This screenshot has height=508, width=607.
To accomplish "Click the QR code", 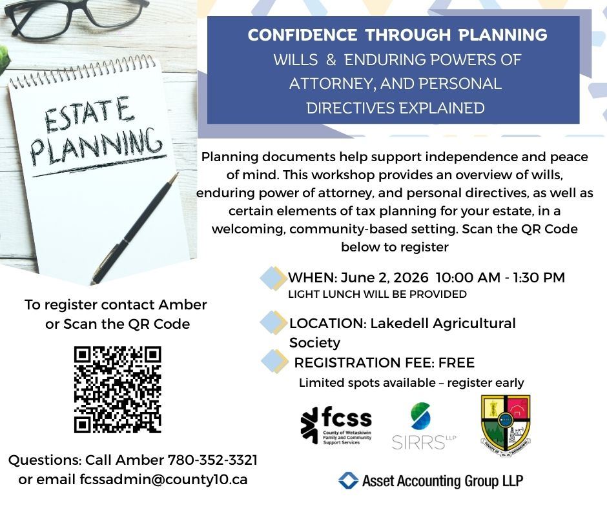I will click(x=118, y=389).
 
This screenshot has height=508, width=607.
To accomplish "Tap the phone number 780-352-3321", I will click(x=212, y=460).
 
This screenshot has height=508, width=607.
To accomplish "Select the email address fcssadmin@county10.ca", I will click(x=163, y=480).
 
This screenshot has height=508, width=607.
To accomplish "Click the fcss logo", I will click(x=336, y=425).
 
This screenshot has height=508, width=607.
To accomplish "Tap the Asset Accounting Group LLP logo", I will click(x=431, y=480).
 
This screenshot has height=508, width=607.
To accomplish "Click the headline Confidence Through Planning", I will click(x=397, y=35).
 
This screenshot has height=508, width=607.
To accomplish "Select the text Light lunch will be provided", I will click(x=377, y=295).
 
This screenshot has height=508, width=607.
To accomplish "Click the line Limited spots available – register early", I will click(x=411, y=383).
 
